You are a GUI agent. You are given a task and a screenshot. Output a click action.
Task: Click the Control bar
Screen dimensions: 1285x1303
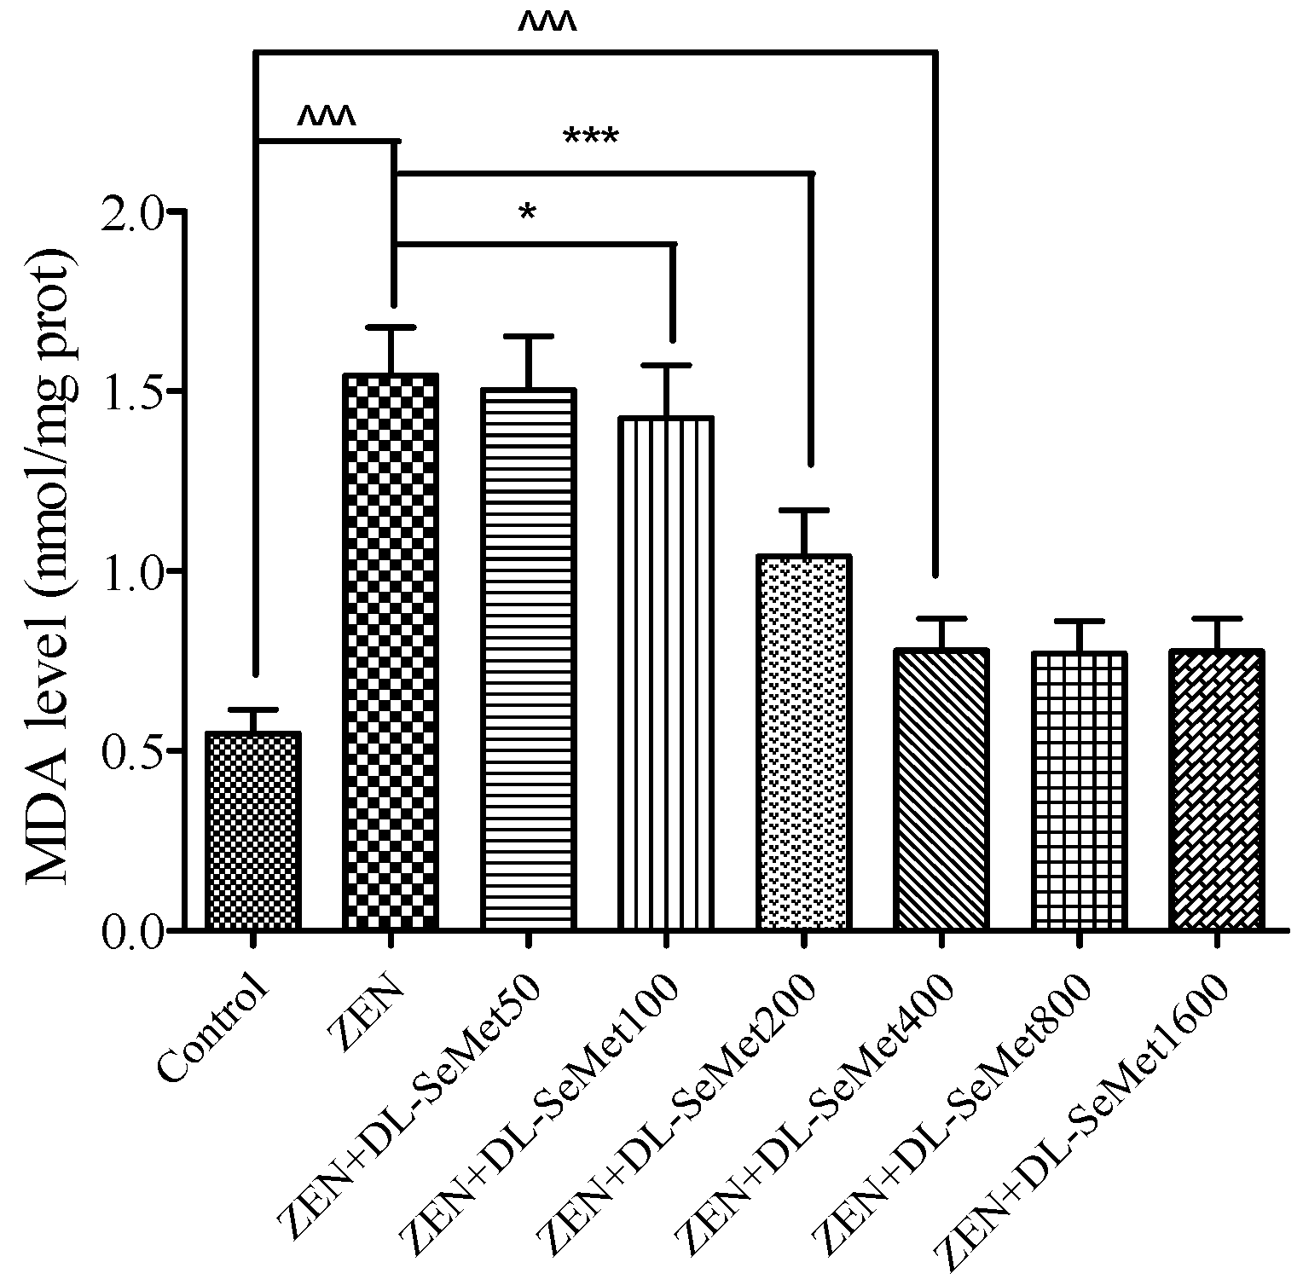coord(252,831)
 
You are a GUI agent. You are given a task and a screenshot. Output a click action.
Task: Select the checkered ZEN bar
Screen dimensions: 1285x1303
coord(391,651)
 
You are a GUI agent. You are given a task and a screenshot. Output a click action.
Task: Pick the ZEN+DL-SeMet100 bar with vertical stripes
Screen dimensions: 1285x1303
coord(666,673)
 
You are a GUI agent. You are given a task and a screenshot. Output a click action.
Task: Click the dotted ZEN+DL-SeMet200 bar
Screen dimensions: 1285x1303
coord(803,742)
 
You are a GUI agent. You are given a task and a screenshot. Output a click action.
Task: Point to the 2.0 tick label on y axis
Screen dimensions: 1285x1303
coord(130,211)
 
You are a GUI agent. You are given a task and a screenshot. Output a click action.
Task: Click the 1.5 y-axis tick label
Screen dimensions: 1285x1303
coord(130,391)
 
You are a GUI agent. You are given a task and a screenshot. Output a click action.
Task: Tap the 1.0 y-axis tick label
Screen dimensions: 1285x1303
coord(130,571)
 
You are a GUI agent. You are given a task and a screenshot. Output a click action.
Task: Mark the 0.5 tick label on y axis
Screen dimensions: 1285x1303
coord(130,751)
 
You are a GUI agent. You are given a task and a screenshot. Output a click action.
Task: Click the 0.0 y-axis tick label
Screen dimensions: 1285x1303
coord(130,931)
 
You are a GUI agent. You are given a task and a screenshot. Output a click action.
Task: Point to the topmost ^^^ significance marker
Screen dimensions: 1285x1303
coord(547,24)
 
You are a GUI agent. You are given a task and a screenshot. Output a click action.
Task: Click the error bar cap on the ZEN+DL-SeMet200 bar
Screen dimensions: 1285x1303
coord(803,510)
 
